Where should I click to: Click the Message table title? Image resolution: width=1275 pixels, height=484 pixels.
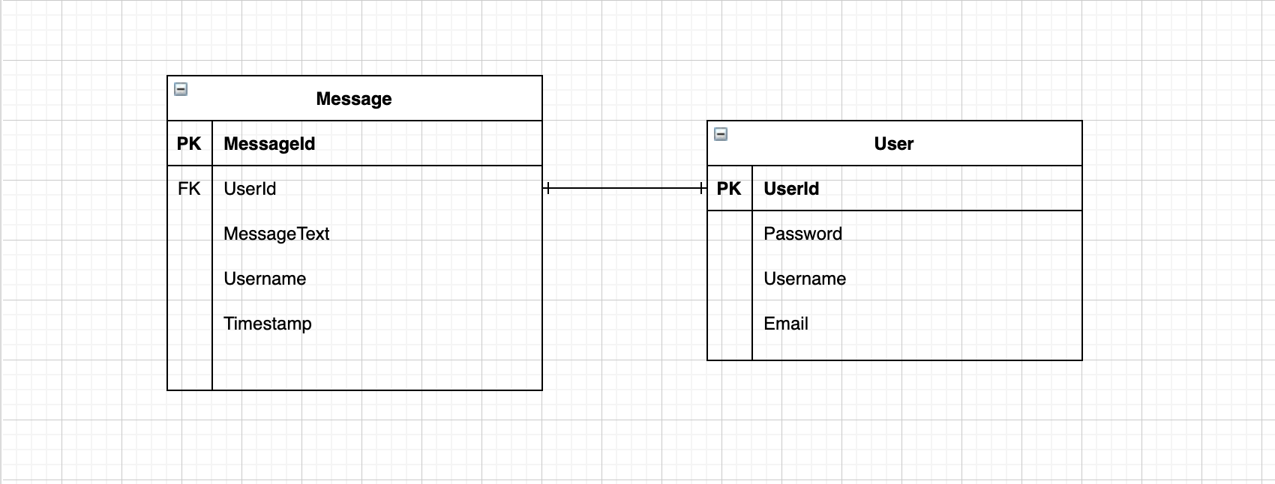coord(354,99)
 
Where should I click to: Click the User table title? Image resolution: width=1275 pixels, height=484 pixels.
coord(893,144)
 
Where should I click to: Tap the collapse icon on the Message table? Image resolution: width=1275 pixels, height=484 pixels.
coord(181,89)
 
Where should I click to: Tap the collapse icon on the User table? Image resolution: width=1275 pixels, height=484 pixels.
coord(721,134)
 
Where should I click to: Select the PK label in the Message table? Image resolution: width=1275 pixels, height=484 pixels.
coord(189,144)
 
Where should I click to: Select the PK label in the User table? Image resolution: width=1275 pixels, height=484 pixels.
coord(729,189)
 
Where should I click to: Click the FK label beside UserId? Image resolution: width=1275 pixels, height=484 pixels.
coord(189,189)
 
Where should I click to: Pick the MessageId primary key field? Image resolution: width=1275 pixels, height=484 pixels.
coord(269,144)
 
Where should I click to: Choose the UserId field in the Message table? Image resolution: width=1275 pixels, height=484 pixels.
coord(250,189)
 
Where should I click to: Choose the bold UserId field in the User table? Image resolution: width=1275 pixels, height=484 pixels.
coord(791,189)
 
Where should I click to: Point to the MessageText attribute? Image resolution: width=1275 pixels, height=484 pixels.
coord(276,234)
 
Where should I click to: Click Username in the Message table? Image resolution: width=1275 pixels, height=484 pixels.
coord(265,279)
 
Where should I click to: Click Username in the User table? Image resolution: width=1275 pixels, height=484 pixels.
coord(805,279)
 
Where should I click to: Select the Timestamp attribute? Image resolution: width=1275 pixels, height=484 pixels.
coord(267,324)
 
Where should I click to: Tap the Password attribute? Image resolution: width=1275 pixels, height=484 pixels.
coord(802,234)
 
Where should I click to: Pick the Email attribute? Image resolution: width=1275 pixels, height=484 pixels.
coord(786,324)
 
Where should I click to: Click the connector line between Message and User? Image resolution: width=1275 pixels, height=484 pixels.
coord(624,189)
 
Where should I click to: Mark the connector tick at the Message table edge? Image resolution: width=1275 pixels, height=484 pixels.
coord(548,189)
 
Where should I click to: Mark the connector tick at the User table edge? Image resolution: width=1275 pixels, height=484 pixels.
coord(700,189)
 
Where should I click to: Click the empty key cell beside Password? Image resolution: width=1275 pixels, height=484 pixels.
coord(730,234)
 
